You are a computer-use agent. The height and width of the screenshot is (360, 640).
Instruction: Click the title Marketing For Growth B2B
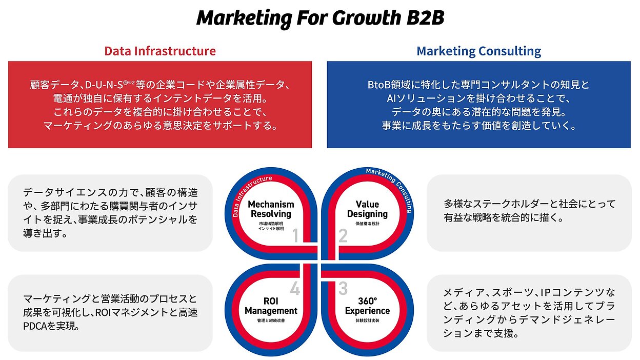pyautogui.click(x=321, y=18)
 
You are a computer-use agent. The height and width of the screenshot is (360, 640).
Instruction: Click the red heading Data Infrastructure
pyautogui.click(x=160, y=51)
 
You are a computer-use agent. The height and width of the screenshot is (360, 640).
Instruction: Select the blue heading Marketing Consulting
pyautogui.click(x=479, y=51)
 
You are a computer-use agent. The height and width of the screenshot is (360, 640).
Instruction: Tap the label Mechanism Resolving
pyautogui.click(x=271, y=209)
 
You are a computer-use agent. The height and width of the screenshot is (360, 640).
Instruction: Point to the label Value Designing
pyautogui.click(x=367, y=209)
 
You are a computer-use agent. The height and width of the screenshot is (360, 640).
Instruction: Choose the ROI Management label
pyautogui.click(x=271, y=306)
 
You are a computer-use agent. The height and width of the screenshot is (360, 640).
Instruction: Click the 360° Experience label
pyautogui.click(x=367, y=306)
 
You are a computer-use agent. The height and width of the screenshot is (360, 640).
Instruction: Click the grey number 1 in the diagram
pyautogui.click(x=296, y=236)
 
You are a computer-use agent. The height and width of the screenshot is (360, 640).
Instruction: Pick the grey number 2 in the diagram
pyautogui.click(x=343, y=236)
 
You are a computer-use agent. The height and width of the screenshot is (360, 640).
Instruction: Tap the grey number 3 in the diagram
pyautogui.click(x=343, y=288)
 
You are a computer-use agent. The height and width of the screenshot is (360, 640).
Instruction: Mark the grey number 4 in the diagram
pyautogui.click(x=295, y=288)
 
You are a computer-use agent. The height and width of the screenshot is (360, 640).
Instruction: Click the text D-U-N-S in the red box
pyautogui.click(x=104, y=85)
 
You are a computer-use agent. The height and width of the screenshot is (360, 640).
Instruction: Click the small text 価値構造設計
pyautogui.click(x=367, y=224)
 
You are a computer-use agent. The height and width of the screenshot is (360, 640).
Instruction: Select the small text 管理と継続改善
pyautogui.click(x=271, y=321)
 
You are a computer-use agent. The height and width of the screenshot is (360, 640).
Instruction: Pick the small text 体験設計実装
pyautogui.click(x=367, y=321)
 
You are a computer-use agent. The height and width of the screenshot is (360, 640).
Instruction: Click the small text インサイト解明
pyautogui.click(x=271, y=229)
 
